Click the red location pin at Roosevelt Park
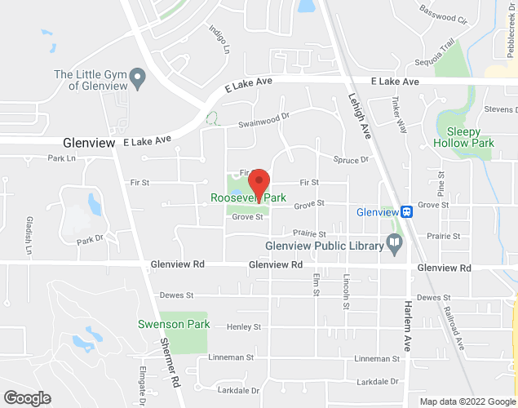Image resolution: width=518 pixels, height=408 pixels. (259, 184)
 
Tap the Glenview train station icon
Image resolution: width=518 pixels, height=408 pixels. (406, 211)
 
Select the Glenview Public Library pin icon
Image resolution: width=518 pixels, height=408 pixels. (395, 242)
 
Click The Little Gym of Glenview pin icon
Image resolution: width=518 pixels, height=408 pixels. (138, 80)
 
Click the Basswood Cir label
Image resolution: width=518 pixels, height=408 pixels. (444, 14)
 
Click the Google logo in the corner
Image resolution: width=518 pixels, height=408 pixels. (26, 398)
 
